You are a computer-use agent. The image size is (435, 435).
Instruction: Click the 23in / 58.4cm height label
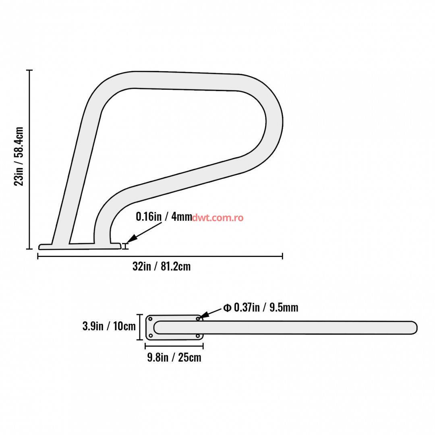point(19,156)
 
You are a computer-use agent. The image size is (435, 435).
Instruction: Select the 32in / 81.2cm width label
point(162,266)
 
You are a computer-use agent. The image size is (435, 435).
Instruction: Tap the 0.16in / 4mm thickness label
point(164,216)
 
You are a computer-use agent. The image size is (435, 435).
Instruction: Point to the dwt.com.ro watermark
point(217,217)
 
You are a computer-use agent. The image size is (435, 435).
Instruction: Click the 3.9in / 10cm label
point(109,326)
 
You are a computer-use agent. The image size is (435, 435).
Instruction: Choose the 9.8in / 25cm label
point(174,357)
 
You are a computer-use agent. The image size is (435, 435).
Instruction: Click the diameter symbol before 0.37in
point(227,308)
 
